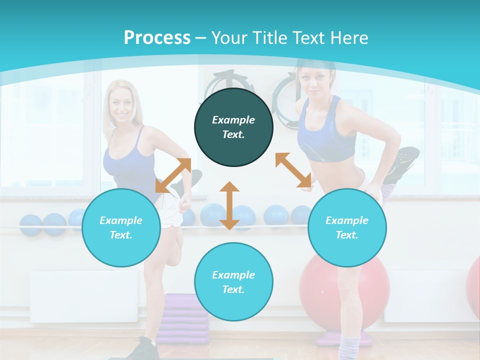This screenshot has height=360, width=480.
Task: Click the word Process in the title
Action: [x=157, y=38]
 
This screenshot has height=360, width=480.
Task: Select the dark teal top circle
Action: [x=233, y=127]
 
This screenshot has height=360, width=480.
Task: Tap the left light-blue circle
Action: [x=121, y=227]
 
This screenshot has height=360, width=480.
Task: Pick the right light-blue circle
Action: [x=347, y=227]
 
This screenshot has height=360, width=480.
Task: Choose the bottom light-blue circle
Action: [x=233, y=282]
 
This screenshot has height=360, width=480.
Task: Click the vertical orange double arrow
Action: [x=229, y=205]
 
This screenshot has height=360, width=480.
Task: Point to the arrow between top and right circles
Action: [x=293, y=170]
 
